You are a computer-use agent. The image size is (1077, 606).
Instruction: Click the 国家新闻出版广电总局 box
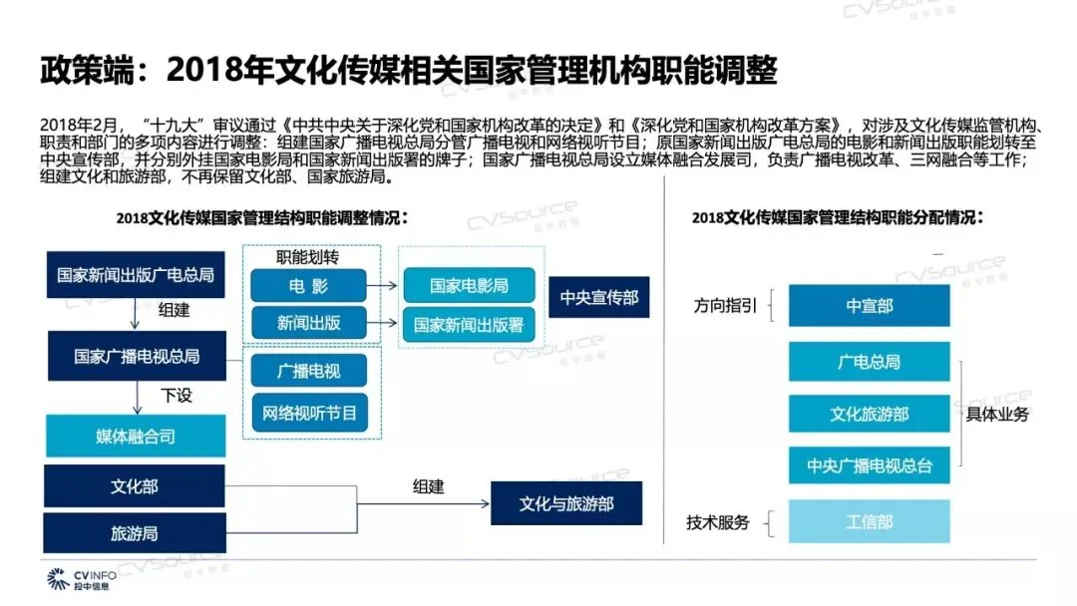pyautogui.click(x=136, y=276)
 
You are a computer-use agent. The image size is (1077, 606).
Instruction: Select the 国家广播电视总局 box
pyautogui.click(x=136, y=356)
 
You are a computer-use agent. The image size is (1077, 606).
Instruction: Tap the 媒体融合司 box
pyautogui.click(x=136, y=437)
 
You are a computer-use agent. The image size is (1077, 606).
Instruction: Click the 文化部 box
pyautogui.click(x=136, y=486)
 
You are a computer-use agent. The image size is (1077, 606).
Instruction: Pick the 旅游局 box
pyautogui.click(x=136, y=533)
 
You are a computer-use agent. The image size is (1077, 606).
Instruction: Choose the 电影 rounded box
pyautogui.click(x=309, y=286)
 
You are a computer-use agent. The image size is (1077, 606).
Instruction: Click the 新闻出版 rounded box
pyautogui.click(x=309, y=323)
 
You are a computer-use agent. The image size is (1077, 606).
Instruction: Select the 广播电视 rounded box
pyautogui.click(x=309, y=372)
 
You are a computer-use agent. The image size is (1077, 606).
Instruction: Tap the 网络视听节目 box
pyautogui.click(x=309, y=412)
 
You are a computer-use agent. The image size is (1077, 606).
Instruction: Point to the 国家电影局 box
pyautogui.click(x=469, y=286)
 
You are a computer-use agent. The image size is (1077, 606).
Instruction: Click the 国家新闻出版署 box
pyautogui.click(x=469, y=324)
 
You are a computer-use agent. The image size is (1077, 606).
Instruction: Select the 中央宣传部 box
pyautogui.click(x=598, y=297)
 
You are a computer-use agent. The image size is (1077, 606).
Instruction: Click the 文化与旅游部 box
pyautogui.click(x=566, y=504)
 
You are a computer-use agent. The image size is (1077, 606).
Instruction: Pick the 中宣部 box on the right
pyautogui.click(x=869, y=306)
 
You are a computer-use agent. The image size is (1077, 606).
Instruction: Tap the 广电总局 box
pyautogui.click(x=869, y=362)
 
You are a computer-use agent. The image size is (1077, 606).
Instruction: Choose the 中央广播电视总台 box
pyautogui.click(x=869, y=465)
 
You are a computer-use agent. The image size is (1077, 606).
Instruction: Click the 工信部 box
pyautogui.click(x=869, y=521)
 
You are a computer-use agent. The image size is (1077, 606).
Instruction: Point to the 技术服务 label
pyautogui.click(x=717, y=522)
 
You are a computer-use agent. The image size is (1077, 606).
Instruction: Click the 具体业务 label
pyautogui.click(x=997, y=414)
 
